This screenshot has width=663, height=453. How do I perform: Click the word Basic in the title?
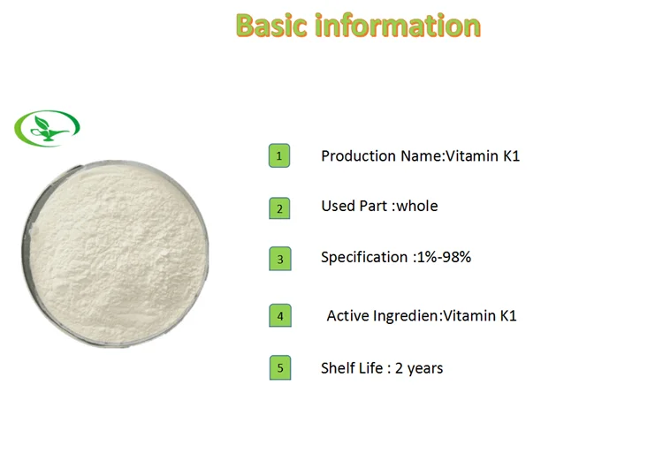point(273,25)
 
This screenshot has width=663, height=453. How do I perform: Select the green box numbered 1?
point(279,156)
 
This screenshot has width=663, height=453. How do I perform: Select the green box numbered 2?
point(279,208)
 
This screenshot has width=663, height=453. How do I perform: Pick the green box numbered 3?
point(279,259)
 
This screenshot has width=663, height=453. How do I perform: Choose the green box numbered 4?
point(279,314)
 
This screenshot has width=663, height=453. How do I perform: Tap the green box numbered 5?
point(279,367)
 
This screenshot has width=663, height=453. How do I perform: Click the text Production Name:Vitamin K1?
point(420,156)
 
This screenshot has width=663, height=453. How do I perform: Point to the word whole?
point(416,206)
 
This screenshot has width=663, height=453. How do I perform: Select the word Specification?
point(363,258)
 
